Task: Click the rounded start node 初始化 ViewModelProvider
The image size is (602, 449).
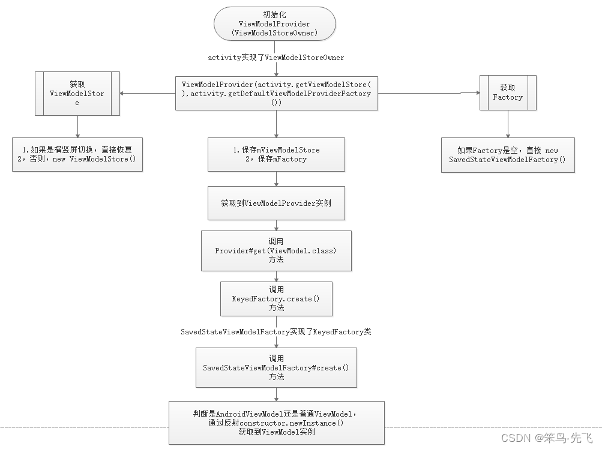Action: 274,24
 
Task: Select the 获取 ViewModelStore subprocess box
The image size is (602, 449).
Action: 77,93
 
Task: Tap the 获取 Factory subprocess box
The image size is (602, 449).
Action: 507,93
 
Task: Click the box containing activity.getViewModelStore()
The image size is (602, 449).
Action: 276,93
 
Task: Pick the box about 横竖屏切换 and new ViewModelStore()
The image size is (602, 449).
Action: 77,154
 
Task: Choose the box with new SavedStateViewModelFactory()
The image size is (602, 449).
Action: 507,155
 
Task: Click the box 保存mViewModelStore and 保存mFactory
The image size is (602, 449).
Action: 276,154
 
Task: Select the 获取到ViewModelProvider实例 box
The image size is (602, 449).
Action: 276,203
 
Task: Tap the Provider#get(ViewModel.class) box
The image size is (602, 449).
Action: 276,250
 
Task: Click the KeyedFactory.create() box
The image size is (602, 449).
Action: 276,298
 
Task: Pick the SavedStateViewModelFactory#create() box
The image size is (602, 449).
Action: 276,367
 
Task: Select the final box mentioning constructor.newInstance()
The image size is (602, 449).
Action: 276,423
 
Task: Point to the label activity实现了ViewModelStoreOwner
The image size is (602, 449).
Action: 276,58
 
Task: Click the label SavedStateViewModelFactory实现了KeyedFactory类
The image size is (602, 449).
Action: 276,331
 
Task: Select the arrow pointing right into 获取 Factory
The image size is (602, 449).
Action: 429,93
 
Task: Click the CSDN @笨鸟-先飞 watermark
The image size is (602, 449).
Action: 547,438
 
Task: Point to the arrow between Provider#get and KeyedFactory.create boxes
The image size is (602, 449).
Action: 276,276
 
